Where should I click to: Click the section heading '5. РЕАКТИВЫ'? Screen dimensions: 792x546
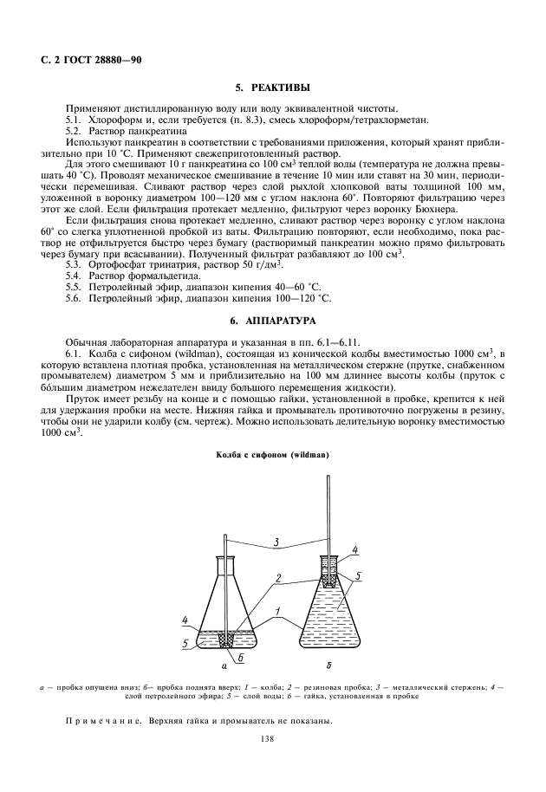pos(272,88)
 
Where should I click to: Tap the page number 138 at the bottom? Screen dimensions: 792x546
pos(272,738)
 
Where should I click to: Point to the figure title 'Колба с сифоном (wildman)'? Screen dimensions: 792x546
pos(272,454)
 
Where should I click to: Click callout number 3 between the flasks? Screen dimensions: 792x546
pos(275,543)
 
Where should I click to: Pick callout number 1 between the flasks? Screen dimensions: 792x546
pos(277,613)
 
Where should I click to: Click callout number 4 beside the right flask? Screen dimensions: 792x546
pos(355,550)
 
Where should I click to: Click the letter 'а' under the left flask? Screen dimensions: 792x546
pos(225,668)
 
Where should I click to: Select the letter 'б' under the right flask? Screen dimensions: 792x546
pos(329,668)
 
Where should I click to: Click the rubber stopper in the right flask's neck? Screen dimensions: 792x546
pos(329,563)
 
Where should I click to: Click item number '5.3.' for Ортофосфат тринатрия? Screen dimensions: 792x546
pos(75,263)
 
